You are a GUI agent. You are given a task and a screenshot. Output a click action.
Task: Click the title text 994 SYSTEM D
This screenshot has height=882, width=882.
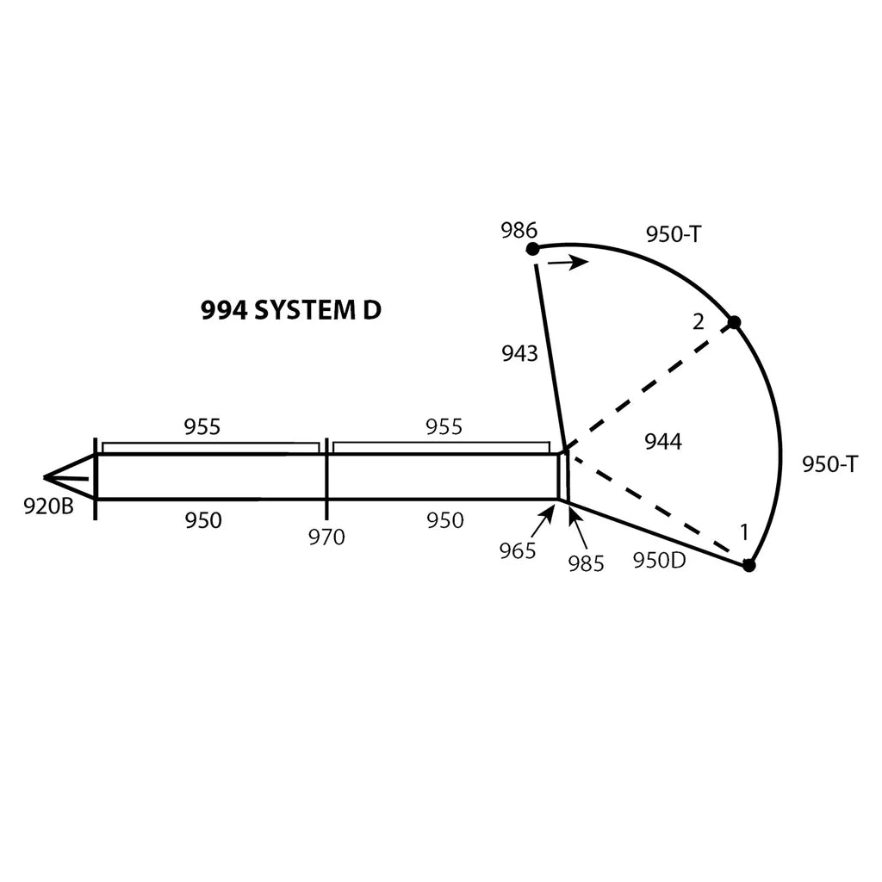pos(291,310)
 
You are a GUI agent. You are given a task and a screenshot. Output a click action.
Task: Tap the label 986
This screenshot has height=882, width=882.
pos(519,230)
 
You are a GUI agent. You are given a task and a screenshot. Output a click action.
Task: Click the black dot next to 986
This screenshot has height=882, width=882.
pos(532,249)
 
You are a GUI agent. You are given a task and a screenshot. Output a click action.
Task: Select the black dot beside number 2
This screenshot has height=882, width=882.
pos(734,322)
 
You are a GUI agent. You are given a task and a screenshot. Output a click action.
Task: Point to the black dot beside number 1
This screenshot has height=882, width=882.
pos(748,565)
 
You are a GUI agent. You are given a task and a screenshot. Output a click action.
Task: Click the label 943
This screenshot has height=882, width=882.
pos(519,353)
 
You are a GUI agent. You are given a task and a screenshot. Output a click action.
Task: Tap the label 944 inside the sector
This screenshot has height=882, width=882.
pos(663,442)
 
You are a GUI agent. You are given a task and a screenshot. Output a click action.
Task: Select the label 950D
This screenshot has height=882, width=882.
pos(659,560)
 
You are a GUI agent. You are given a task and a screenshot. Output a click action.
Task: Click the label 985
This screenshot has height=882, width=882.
pos(586,563)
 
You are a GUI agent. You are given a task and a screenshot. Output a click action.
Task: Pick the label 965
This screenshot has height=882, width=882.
pos(518,551)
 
